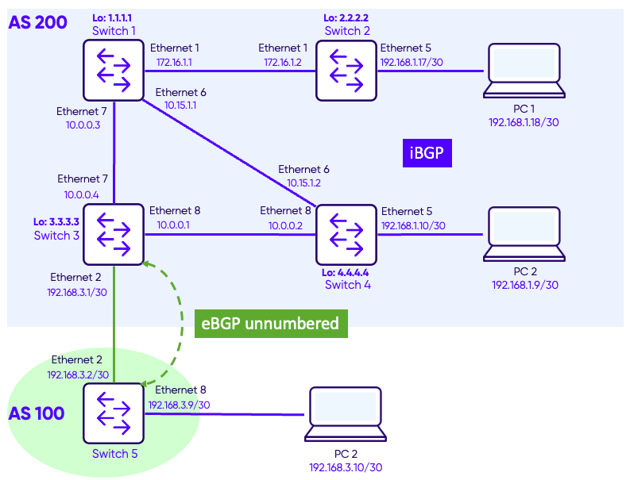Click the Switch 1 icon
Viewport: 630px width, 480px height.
click(113, 71)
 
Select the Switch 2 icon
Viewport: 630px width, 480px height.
click(346, 71)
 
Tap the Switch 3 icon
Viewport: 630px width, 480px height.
click(113, 235)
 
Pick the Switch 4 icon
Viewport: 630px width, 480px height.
click(346, 235)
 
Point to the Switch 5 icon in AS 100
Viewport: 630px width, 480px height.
click(113, 414)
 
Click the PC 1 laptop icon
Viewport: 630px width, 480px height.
click(524, 71)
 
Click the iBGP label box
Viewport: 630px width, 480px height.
click(427, 154)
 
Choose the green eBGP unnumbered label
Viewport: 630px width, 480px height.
click(271, 324)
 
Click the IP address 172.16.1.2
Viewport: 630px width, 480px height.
click(282, 62)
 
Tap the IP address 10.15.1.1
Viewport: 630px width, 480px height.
click(180, 105)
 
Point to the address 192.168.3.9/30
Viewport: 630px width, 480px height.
click(179, 404)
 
